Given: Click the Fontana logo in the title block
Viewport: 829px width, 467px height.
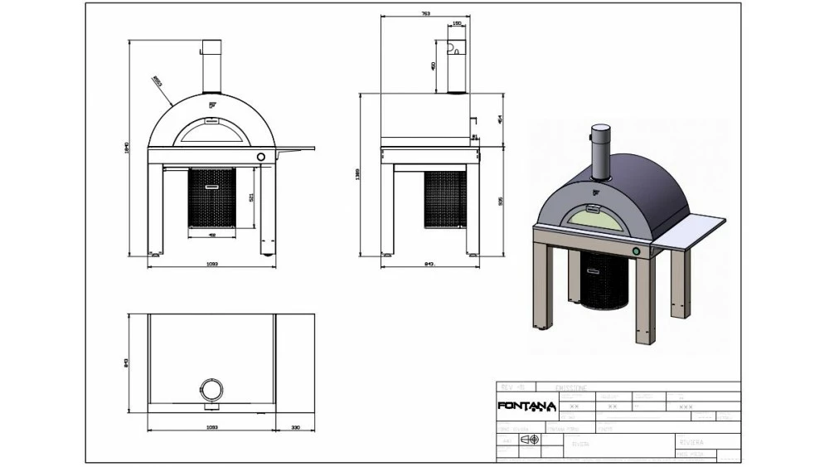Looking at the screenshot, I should tap(521, 406).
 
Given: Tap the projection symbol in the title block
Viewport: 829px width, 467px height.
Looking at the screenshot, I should tap(527, 440).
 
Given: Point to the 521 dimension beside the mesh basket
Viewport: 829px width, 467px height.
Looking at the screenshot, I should tap(251, 197).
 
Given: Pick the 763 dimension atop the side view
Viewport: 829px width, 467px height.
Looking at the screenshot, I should tap(424, 14).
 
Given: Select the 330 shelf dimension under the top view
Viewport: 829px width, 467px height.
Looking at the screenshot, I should tap(297, 429).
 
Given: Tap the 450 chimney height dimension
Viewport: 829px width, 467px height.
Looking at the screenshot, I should tap(433, 66).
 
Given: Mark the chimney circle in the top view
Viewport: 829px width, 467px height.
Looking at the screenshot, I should tap(211, 389).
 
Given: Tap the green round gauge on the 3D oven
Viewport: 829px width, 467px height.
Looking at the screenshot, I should tap(636, 251).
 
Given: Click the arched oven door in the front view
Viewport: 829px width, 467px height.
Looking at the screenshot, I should tap(211, 131).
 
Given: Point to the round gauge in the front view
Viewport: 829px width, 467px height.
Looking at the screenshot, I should tap(261, 156).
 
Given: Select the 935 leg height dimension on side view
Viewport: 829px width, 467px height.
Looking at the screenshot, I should tap(500, 202).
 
